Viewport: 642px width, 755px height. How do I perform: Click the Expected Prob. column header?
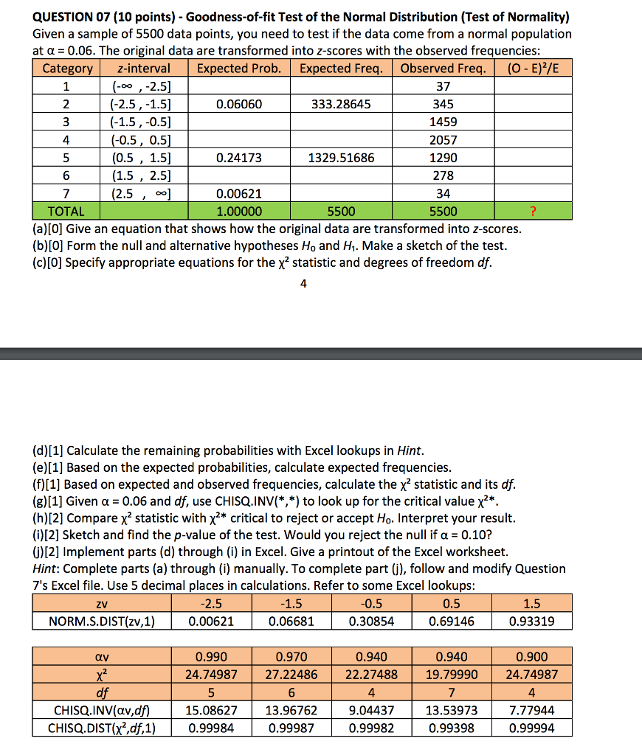[x=239, y=69]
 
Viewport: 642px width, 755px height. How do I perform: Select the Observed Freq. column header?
[x=443, y=69]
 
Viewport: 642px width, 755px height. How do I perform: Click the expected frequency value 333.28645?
[x=341, y=105]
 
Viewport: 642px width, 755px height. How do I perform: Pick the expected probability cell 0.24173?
[x=239, y=158]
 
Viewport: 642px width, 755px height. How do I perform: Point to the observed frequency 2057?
[x=443, y=140]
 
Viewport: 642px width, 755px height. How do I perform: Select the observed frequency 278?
[x=443, y=175]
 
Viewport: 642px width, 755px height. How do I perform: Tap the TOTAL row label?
[x=66, y=211]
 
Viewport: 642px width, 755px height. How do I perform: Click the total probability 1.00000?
[x=239, y=211]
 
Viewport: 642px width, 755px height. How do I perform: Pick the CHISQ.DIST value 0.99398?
[x=452, y=728]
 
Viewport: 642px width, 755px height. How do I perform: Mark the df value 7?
[x=452, y=692]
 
